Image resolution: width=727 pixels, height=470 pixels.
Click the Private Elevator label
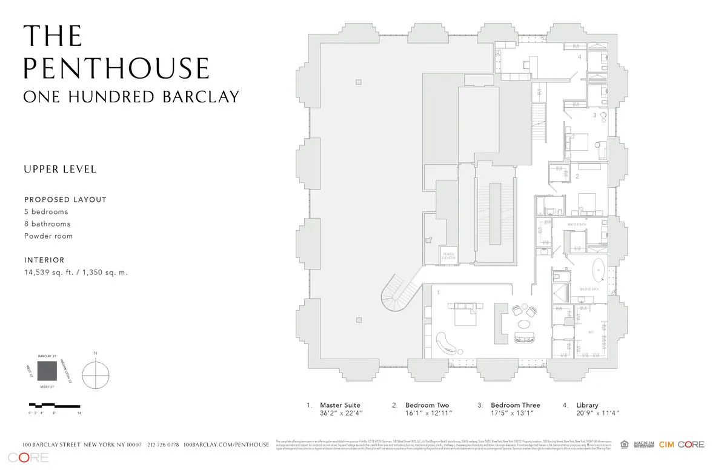coord(448,255)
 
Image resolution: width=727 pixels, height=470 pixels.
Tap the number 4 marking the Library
coord(579,58)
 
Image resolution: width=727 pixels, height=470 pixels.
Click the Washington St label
coord(66,370)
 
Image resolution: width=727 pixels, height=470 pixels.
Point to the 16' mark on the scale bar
coord(79,412)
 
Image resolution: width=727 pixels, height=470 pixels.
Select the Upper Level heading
coord(60,169)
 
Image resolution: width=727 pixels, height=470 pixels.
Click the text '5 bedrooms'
coord(46,212)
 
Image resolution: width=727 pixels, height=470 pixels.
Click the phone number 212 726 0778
coord(163,445)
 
